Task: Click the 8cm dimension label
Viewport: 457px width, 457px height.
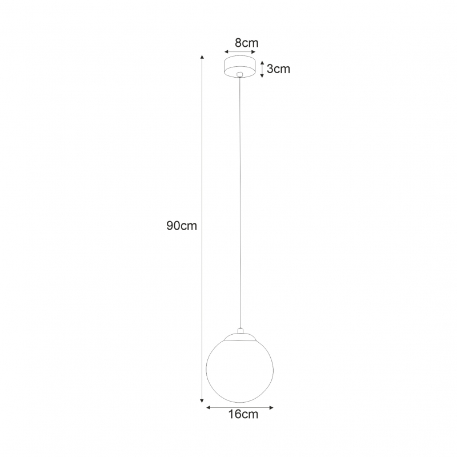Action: coord(247,43)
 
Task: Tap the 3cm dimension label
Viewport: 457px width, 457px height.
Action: coord(278,69)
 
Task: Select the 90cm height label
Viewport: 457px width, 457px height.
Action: coord(182,226)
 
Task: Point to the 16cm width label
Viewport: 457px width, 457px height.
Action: coord(243,414)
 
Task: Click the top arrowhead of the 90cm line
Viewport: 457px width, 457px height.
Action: coord(202,57)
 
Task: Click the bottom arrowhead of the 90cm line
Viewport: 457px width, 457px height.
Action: coord(202,400)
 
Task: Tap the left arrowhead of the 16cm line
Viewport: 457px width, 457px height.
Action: coord(209,407)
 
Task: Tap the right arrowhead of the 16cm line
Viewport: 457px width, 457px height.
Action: coord(271,407)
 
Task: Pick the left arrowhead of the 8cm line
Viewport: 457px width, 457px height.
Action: coord(226,52)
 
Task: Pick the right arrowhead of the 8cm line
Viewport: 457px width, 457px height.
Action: coord(253,52)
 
